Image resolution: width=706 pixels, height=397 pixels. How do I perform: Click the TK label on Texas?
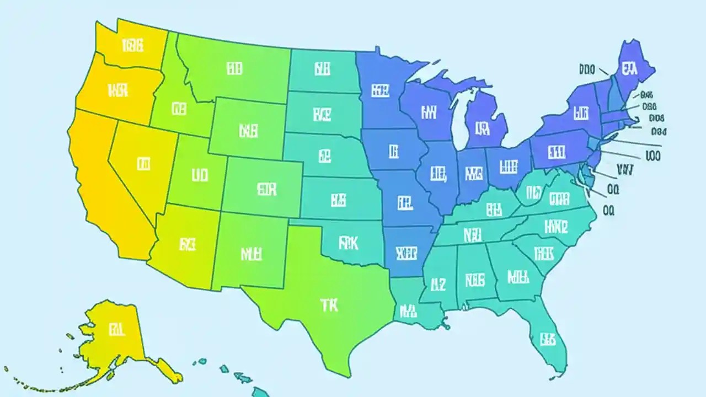[329, 304]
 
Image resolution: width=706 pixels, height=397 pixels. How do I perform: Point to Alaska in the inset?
[116, 331]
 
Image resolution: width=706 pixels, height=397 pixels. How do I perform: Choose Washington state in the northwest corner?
[132, 46]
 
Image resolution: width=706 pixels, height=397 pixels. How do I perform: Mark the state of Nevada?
[143, 163]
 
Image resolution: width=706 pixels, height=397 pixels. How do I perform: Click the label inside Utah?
[199, 175]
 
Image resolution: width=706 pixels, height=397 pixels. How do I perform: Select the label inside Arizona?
[187, 244]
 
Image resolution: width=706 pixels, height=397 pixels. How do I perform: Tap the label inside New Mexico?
[252, 254]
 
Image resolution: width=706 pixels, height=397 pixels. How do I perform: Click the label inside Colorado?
[266, 189]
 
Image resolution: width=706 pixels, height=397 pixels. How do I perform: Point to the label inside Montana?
[234, 68]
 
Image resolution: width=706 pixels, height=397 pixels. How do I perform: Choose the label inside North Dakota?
[322, 69]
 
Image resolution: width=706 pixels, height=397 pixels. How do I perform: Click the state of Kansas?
[339, 200]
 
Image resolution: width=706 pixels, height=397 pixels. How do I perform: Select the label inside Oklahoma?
[348, 242]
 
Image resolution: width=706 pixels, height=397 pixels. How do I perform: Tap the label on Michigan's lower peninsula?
[482, 129]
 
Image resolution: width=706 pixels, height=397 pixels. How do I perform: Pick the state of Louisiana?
[409, 310]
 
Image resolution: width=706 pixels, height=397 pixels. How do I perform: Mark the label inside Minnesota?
[381, 90]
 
